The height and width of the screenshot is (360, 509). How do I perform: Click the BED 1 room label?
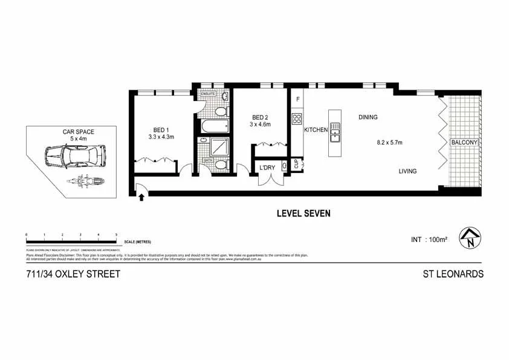point(160,129)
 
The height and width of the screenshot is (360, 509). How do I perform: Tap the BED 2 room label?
point(261,117)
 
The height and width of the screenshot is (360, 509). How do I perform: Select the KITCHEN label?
point(316,130)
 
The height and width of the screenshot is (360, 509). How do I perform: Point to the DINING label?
point(368,117)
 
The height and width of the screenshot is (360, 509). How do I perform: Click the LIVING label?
point(407,171)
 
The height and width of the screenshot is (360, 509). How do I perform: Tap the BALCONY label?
point(464,143)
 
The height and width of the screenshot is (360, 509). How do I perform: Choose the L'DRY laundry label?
point(268,168)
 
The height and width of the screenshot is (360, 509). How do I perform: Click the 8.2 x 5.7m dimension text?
point(389,143)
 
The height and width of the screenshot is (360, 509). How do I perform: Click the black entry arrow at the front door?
point(141,196)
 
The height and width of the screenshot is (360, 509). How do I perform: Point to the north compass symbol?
point(470,238)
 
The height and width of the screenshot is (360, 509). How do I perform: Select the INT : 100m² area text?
point(429,240)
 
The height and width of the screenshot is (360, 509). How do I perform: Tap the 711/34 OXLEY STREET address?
point(73,274)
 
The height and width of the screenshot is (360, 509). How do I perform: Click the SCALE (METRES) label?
point(137,241)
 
